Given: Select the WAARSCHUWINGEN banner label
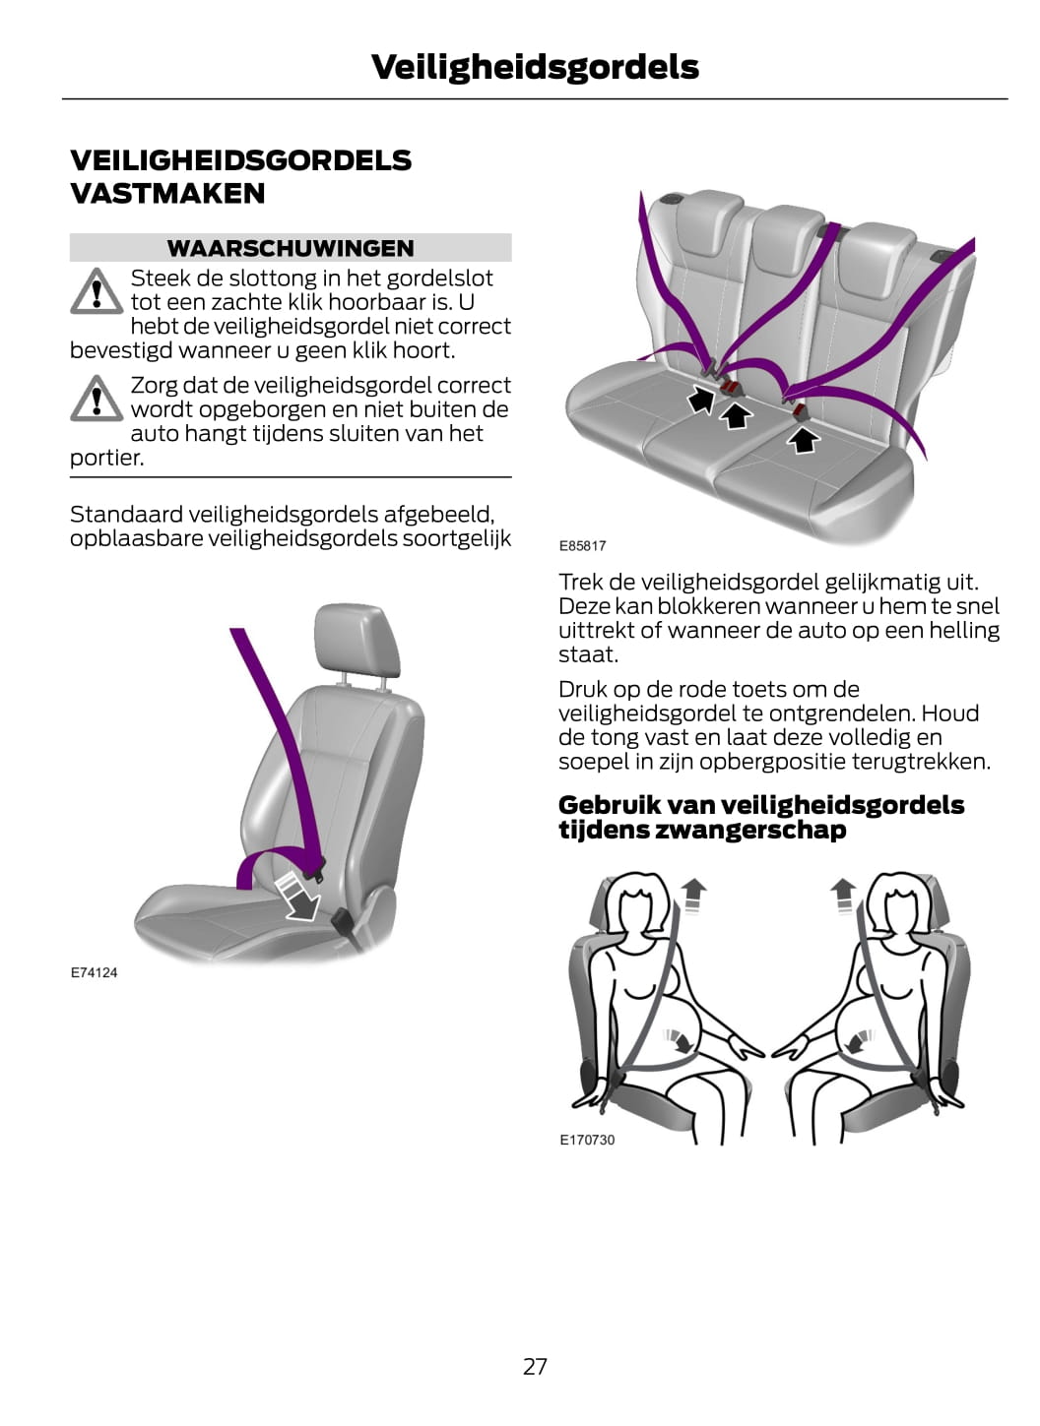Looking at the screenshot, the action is [x=291, y=248].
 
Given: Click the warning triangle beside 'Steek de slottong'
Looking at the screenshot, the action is [x=97, y=291].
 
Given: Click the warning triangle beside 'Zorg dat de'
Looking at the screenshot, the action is [x=97, y=398].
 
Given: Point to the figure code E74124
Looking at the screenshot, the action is [x=94, y=972].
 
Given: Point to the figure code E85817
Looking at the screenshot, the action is [x=582, y=545].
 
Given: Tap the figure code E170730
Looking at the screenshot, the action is [x=587, y=1140].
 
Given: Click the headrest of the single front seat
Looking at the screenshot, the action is [x=357, y=640].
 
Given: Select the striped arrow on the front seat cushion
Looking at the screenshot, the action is [x=299, y=897].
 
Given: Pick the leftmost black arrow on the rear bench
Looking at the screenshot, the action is [x=702, y=400].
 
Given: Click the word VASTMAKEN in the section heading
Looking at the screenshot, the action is [x=167, y=194].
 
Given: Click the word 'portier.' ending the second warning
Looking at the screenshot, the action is [x=107, y=458].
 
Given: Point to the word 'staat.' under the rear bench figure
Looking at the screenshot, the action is [x=588, y=654].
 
